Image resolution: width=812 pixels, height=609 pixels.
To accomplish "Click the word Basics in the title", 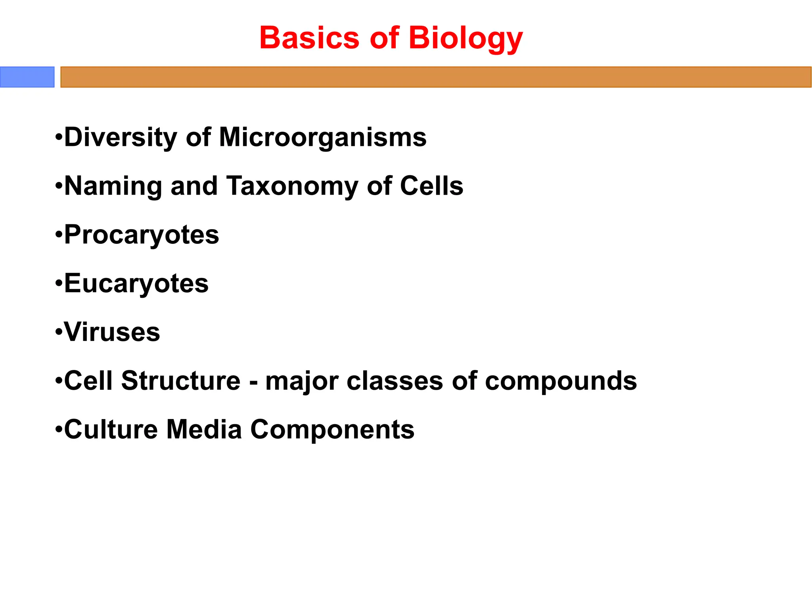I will (309, 38).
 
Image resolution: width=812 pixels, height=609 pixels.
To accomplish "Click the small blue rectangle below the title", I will (27, 77).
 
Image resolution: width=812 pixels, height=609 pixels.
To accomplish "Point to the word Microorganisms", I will (323, 137).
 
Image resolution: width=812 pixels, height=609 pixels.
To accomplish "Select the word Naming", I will (113, 186).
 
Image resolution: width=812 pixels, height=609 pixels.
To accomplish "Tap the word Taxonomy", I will (292, 186).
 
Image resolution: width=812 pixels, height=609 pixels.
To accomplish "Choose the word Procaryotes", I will (142, 235).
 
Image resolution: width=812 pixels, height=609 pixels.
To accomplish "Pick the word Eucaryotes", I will (136, 283).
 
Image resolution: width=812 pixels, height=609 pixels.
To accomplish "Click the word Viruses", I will (112, 332).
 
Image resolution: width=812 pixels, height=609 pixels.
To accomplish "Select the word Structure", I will (181, 381).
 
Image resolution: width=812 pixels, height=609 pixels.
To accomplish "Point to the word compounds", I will (561, 381).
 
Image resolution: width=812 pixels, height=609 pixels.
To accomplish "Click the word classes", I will (395, 381).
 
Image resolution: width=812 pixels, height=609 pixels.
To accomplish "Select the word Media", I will (204, 429).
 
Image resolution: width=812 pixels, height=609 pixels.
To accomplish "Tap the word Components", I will (332, 430).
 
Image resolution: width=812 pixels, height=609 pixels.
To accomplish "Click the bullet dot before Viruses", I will (59, 332).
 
